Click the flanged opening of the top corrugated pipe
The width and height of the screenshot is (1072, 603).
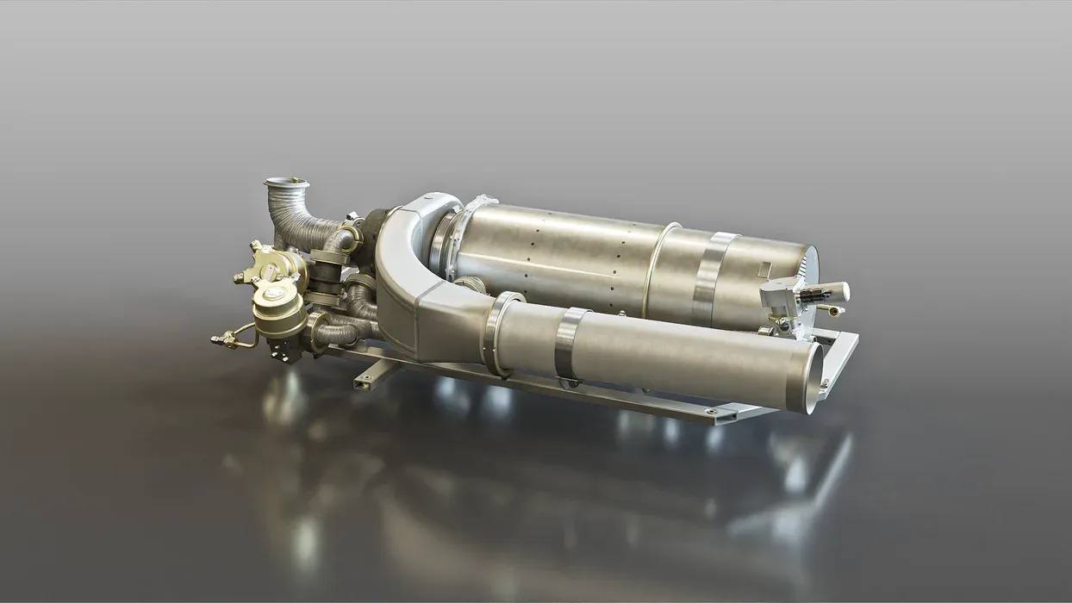pos(285,183)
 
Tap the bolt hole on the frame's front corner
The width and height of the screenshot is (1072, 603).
pos(712,413)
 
